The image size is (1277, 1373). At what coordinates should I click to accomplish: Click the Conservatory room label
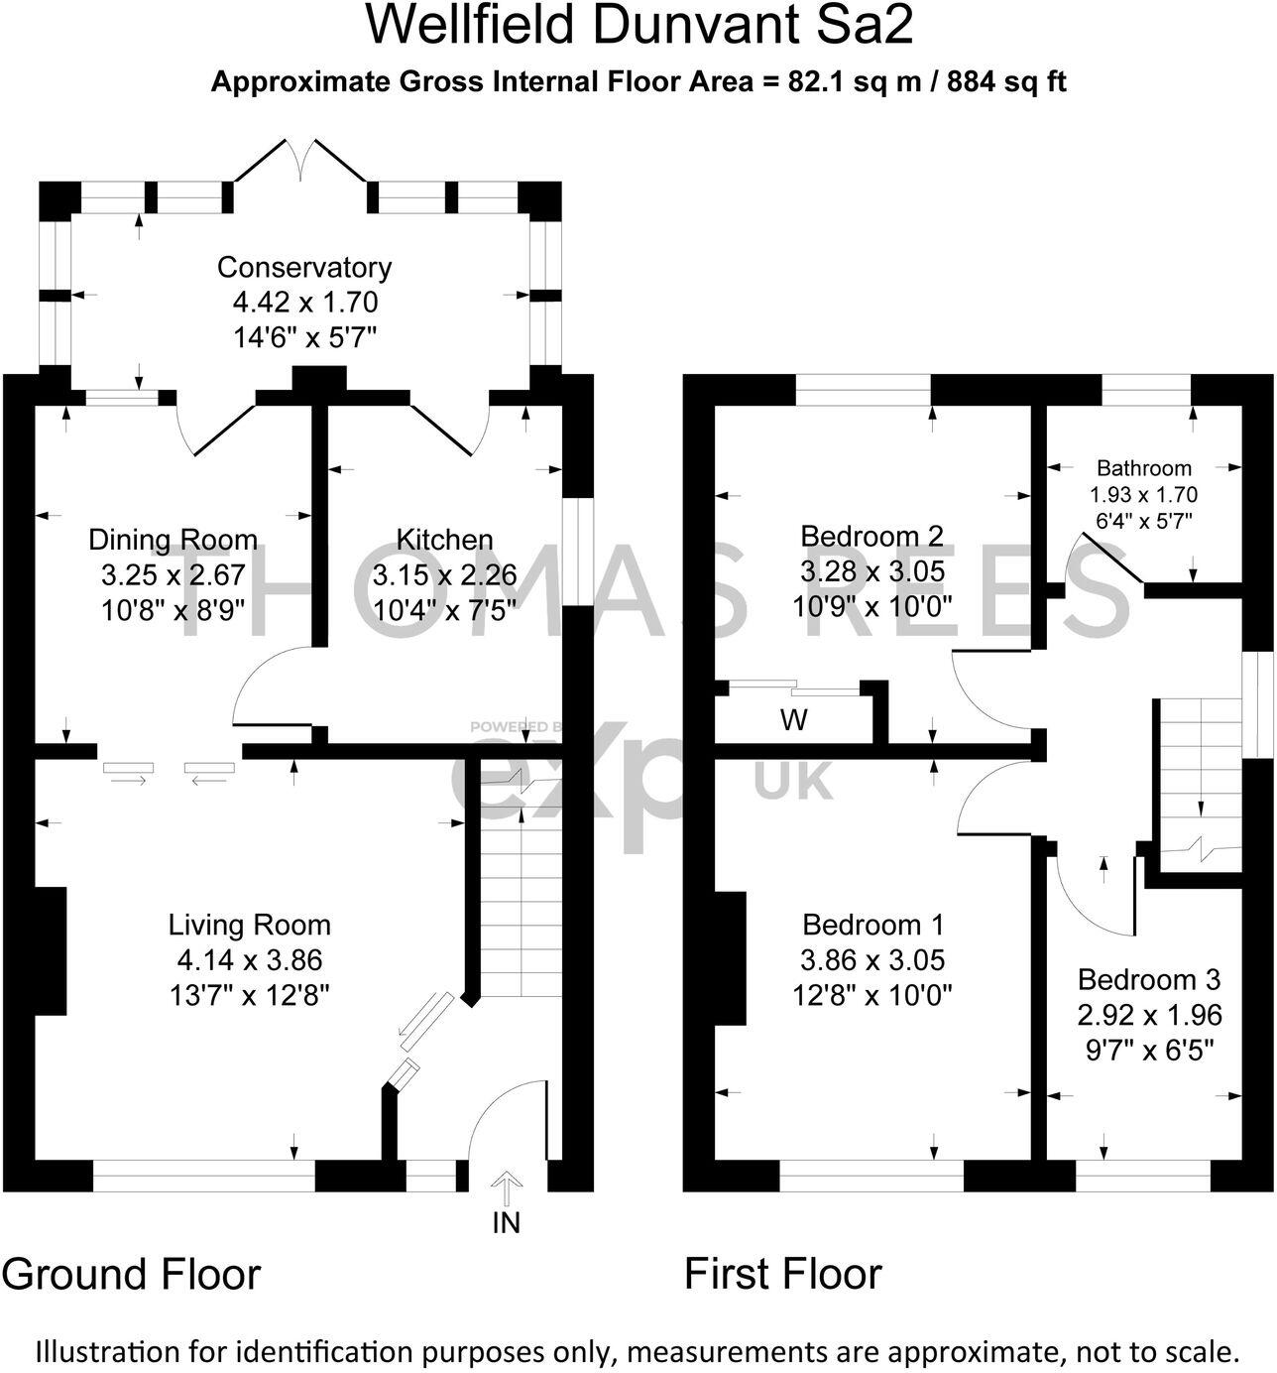(304, 268)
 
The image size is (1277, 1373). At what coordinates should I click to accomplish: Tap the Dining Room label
(173, 540)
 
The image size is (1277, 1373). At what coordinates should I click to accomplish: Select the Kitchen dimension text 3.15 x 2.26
(444, 575)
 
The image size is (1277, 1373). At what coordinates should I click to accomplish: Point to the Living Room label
(249, 926)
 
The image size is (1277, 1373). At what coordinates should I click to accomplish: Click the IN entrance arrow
(507, 1187)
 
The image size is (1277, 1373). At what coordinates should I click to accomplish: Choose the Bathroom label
(1144, 468)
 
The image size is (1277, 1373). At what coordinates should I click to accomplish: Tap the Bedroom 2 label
(871, 537)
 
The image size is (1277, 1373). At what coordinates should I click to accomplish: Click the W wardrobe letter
(793, 721)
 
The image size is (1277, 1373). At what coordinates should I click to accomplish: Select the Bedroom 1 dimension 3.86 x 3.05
(871, 960)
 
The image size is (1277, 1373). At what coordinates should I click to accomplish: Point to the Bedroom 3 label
(1148, 980)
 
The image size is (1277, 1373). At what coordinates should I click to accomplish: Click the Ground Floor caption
(132, 1274)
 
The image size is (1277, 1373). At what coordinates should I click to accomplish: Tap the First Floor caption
(782, 1274)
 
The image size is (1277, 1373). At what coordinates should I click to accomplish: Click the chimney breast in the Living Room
(51, 950)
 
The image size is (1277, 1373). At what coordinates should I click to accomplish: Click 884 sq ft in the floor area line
(1006, 82)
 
